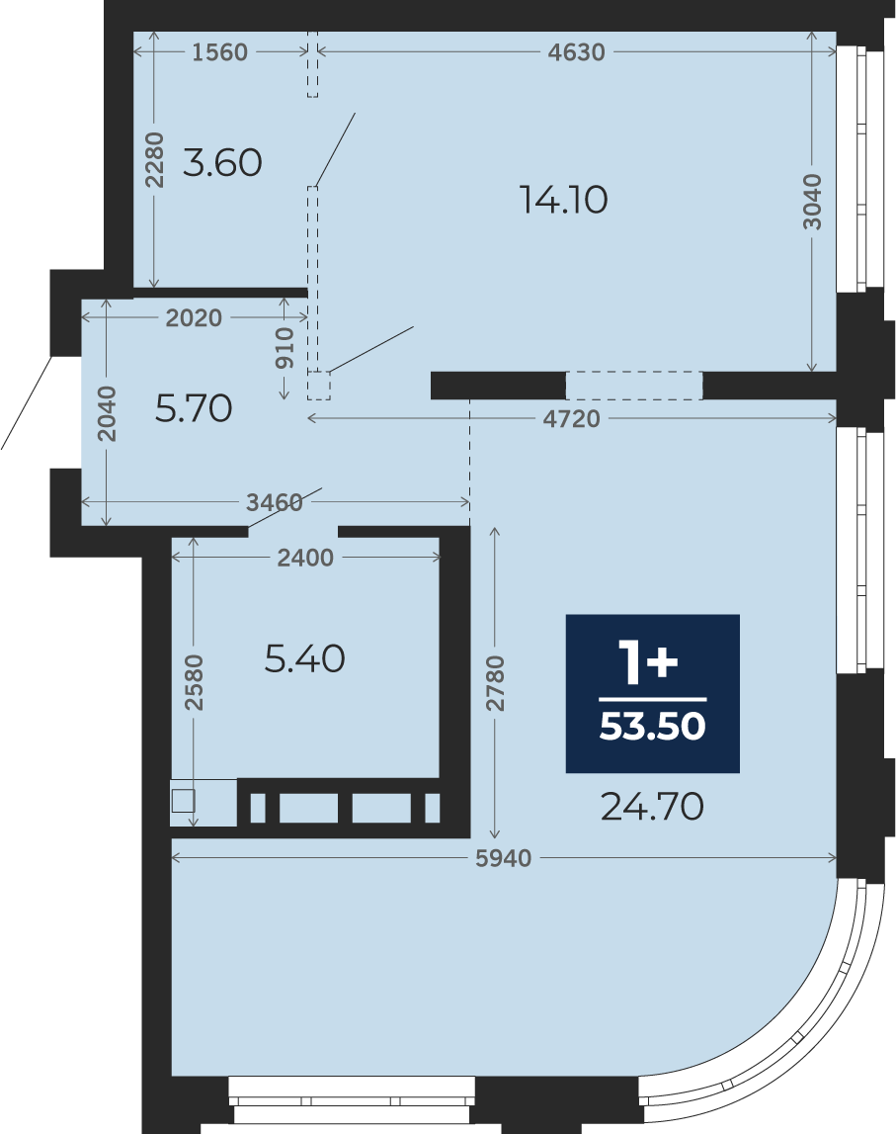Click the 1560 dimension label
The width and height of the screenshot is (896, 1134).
click(219, 52)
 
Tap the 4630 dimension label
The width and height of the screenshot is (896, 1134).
click(576, 52)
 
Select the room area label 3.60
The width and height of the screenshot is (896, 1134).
click(222, 162)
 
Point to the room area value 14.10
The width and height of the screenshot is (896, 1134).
click(564, 199)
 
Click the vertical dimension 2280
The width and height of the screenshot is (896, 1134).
click(154, 160)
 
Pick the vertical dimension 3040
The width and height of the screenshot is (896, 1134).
click(812, 202)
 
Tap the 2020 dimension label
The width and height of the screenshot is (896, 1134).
click(194, 317)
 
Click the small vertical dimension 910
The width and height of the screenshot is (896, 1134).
click(285, 348)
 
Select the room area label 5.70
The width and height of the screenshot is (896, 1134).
click(194, 408)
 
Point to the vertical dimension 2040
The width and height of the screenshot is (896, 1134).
click(107, 413)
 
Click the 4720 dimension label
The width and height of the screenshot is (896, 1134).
click(572, 419)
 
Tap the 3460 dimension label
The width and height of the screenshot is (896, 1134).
click(275, 502)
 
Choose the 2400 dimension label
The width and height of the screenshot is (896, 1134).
click(305, 558)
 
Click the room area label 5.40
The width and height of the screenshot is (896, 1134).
click(304, 658)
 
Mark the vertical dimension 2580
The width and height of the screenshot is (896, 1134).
click(194, 682)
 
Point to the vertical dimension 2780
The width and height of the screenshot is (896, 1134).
click(495, 683)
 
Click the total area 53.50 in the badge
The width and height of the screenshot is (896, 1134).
click(653, 726)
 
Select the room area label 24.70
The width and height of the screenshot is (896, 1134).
click(653, 807)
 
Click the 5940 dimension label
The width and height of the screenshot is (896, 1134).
click(504, 858)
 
